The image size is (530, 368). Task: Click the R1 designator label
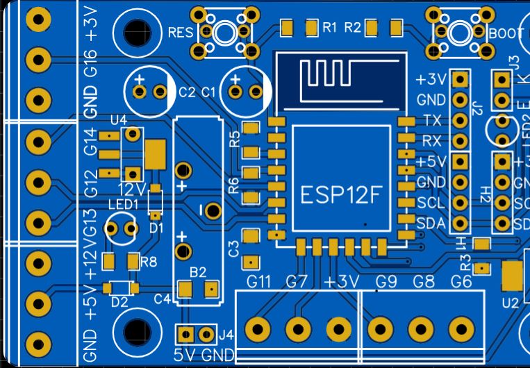[330, 28]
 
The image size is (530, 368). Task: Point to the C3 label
[233, 249]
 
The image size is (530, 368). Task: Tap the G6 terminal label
[461, 282]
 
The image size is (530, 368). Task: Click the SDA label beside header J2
[430, 223]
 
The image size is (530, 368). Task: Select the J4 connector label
[226, 335]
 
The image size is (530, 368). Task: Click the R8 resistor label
[149, 262]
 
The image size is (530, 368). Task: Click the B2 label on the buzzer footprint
[199, 271]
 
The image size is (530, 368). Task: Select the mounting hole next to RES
[136, 31]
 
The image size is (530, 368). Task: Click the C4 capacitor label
[162, 299]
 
